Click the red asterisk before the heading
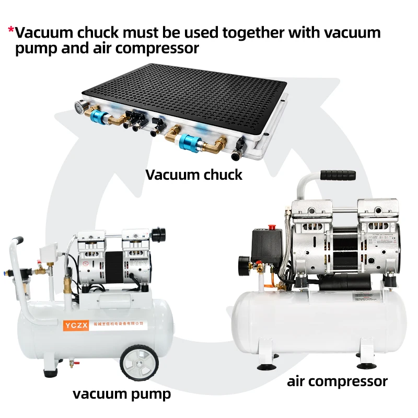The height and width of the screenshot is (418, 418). [x=11, y=30]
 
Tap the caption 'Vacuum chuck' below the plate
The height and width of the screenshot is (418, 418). [x=194, y=174]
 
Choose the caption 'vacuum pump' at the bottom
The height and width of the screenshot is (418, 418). [x=122, y=393]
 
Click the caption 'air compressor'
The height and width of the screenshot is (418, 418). [x=337, y=381]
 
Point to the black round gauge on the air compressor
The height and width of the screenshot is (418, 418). [x=245, y=262]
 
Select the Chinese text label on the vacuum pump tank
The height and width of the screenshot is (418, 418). [x=114, y=324]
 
